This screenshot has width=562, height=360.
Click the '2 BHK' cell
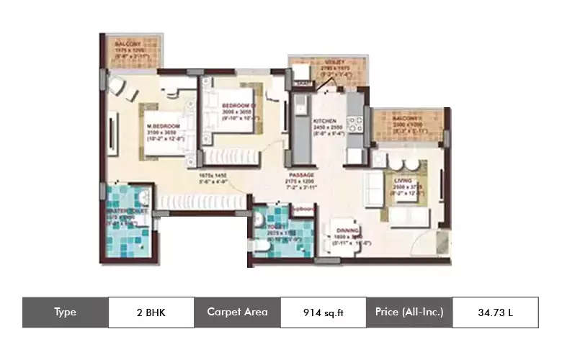click(151, 312)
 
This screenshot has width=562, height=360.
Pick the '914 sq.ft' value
click(322, 312)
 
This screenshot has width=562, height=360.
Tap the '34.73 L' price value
click(495, 312)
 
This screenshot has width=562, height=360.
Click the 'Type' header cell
click(65, 312)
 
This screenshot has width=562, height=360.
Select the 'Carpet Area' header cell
click(237, 312)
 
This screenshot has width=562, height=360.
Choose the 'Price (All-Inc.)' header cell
click(409, 312)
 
